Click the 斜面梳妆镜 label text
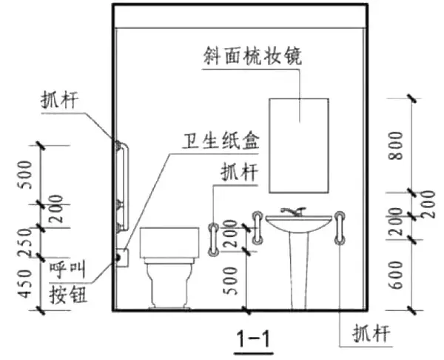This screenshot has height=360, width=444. [252, 56]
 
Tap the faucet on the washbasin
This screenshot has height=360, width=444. [294, 211]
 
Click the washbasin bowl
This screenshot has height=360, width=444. [299, 224]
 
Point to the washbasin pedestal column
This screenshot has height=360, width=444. [299, 270]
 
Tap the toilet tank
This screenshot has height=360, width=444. [169, 242]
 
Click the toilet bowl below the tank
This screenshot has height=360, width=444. [169, 284]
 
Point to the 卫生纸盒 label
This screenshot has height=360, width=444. [221, 141]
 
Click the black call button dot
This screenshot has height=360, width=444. [117, 257]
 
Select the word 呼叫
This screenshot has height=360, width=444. [67, 270]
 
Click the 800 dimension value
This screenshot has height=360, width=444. [397, 146]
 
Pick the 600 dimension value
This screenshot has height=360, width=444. [397, 275]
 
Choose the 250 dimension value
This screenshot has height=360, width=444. [26, 243]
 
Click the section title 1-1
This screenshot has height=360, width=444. [254, 339]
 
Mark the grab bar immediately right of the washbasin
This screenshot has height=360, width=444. [340, 228]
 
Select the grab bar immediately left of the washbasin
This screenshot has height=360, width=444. [258, 228]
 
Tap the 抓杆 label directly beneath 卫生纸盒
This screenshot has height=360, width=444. [239, 172]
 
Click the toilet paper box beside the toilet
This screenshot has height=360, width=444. [122, 257]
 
